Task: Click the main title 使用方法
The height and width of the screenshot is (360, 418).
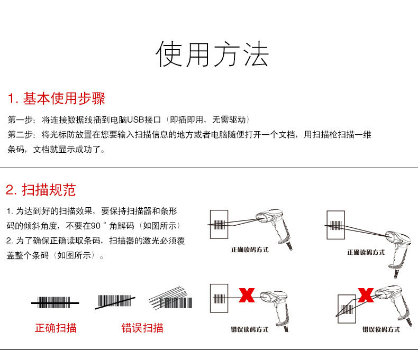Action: pos(212,54)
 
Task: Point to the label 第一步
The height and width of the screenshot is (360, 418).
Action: pos(20,119)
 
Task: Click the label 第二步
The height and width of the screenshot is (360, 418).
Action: pos(20,134)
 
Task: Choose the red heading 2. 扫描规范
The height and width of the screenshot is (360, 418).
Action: pos(41,190)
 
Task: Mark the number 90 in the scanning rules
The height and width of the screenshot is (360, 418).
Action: pos(96,226)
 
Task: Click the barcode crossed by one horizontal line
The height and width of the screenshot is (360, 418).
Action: pos(54,303)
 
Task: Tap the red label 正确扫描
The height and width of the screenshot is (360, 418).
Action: pos(56,328)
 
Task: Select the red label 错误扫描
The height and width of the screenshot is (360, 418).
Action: pos(142,328)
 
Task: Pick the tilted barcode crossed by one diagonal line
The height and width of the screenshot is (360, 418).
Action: pos(114,301)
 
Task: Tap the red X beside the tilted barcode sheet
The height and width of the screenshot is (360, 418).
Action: pos(365,295)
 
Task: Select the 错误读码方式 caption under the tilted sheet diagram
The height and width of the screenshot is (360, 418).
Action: pos(381,329)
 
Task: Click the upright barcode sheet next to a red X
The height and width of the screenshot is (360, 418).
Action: pos(219,300)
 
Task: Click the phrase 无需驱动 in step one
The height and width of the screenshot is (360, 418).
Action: pos(228,119)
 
